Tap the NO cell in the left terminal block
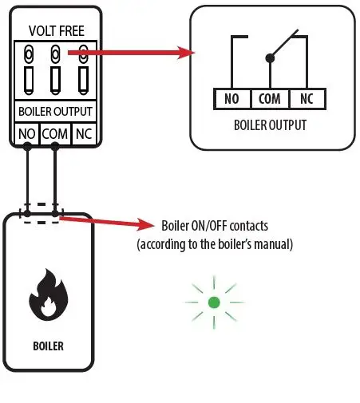pos(27,132)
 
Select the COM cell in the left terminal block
pos(55,132)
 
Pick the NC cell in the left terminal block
pos(83,132)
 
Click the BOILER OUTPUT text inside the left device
pos(55,112)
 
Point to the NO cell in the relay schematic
pos(232,100)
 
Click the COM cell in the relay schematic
pos(271,100)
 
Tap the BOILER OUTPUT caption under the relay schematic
pos(270,125)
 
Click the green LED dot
pos(214,302)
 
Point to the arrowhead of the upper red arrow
pos(191,53)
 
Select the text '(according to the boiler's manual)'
pos(215,244)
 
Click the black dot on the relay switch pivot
pos(271,58)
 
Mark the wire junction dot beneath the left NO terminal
pos(27,147)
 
